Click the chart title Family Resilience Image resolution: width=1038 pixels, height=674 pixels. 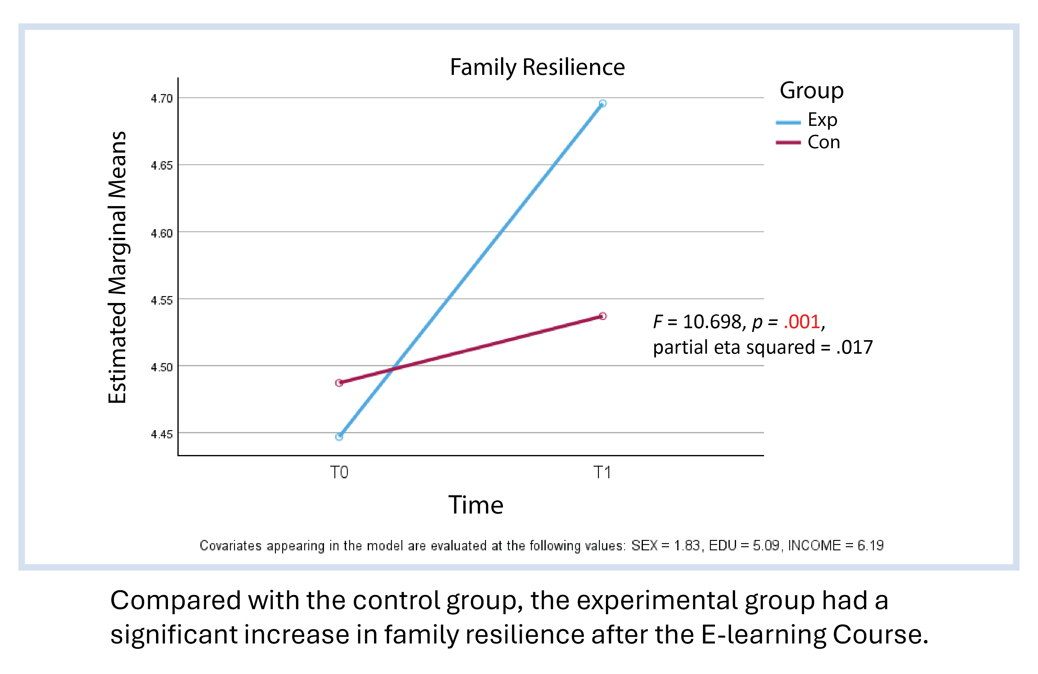[x=537, y=67]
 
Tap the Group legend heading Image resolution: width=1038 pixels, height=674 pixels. [x=812, y=91]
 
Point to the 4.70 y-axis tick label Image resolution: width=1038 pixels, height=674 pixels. [x=162, y=98]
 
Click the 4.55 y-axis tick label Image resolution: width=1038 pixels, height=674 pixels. [x=162, y=300]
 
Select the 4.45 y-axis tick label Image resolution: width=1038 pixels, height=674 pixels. [x=162, y=434]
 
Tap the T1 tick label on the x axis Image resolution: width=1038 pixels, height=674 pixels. [x=602, y=472]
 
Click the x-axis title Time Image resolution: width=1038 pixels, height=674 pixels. [x=476, y=505]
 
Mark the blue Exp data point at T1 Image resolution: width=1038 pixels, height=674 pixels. [x=602, y=104]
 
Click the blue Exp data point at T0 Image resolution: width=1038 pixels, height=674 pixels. [x=339, y=437]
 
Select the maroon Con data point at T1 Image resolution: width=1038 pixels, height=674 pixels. [x=602, y=316]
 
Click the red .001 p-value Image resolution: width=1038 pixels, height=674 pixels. [x=801, y=322]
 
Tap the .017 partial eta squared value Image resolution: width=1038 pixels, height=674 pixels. [x=854, y=348]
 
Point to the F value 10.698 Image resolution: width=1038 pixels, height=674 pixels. [x=712, y=322]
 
